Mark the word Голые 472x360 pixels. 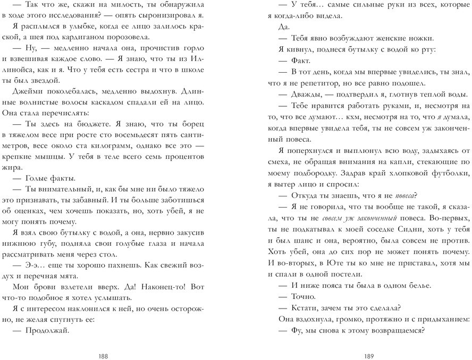[x=38, y=177]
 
